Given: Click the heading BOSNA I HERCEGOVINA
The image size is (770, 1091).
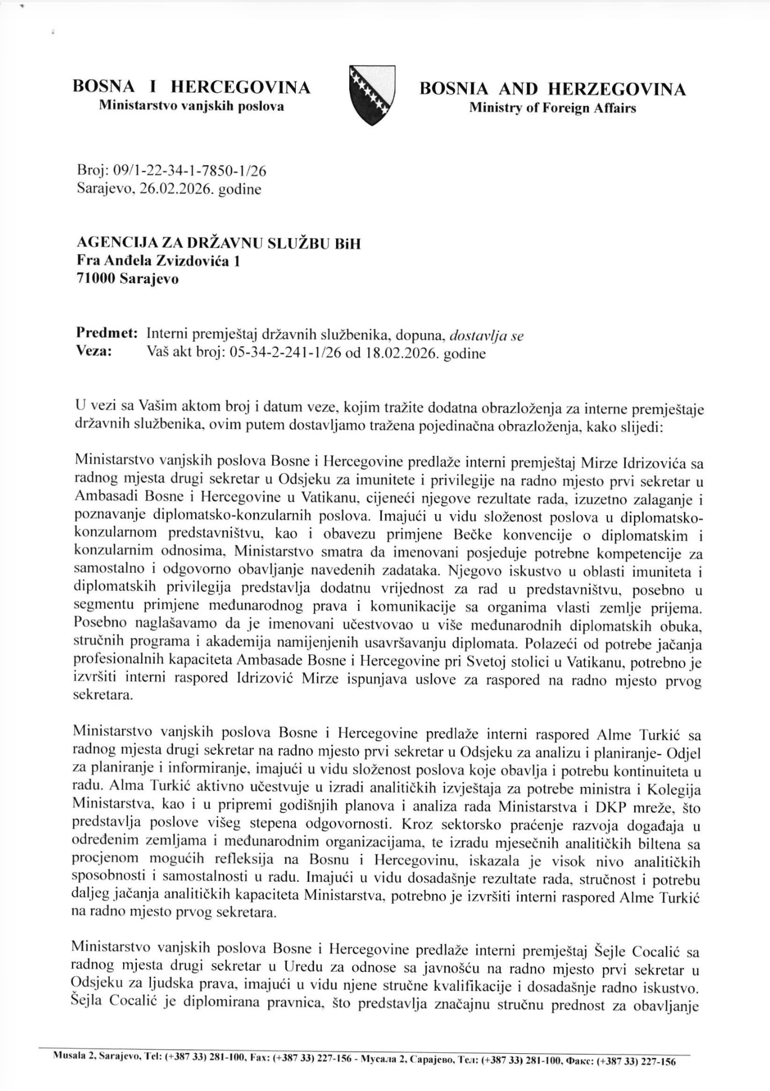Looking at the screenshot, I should coord(191,87).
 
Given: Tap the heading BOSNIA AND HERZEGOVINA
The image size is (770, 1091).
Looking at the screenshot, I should coord(552,89).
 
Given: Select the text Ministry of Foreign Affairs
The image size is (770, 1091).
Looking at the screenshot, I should coord(552,109).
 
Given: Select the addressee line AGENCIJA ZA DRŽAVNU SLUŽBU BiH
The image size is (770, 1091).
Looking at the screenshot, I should coord(219,243).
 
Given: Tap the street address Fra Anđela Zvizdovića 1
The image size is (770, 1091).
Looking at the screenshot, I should coord(158,261).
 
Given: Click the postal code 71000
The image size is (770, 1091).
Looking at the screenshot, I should coord(96,279).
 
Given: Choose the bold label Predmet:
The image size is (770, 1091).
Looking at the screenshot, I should coord(107,333).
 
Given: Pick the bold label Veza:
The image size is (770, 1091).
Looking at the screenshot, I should coord(94,351).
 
